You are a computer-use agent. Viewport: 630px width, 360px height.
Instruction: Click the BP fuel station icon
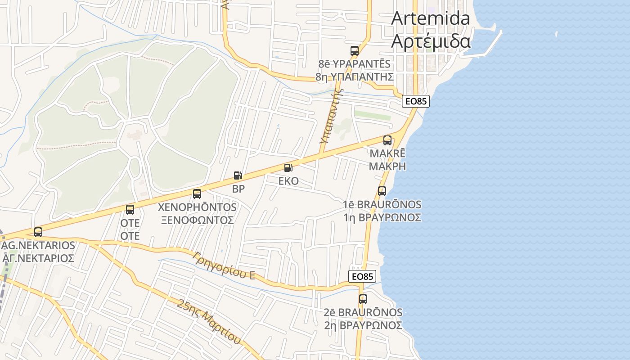tap(238, 175)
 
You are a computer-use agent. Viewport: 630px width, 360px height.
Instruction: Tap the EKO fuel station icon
tap(288, 168)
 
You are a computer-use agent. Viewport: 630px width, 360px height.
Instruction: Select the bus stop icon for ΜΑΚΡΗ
tap(387, 140)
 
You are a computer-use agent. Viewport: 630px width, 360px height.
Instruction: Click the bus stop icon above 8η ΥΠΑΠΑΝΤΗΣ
tap(355, 50)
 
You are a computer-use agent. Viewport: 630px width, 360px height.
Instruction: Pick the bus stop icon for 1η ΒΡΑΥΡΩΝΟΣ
tap(382, 191)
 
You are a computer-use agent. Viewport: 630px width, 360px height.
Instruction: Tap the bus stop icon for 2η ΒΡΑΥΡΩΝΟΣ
tap(363, 299)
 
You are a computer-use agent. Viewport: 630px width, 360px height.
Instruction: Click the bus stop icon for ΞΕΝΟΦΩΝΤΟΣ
tap(197, 194)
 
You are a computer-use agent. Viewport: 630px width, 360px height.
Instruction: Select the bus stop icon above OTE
tap(130, 209)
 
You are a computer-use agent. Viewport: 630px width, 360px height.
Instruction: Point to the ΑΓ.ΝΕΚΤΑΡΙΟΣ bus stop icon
tap(38, 232)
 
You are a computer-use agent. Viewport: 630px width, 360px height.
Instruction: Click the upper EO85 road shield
tap(415, 101)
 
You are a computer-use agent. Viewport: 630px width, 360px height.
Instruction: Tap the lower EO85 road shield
tap(362, 276)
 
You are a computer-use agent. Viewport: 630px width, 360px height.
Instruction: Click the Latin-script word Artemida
tap(431, 18)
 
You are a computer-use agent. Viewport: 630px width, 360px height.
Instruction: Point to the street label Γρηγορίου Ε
tap(224, 265)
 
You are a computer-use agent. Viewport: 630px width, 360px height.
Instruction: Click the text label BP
tap(238, 189)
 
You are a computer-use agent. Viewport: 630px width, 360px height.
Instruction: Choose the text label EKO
tap(288, 181)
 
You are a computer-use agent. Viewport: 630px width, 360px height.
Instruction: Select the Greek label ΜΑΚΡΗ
tap(387, 166)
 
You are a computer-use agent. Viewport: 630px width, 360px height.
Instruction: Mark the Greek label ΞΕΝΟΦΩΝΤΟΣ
tap(197, 220)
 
